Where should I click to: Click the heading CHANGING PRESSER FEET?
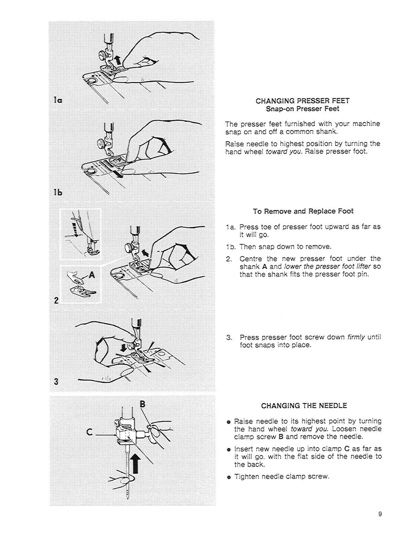(303, 101)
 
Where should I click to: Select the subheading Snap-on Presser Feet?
(303, 109)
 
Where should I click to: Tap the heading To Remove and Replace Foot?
(303, 211)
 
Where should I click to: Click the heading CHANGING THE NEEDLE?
(304, 405)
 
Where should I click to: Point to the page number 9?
(380, 514)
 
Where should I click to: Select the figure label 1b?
(56, 193)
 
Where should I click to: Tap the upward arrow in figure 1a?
(117, 61)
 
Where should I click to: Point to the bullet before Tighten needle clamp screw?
(229, 477)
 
